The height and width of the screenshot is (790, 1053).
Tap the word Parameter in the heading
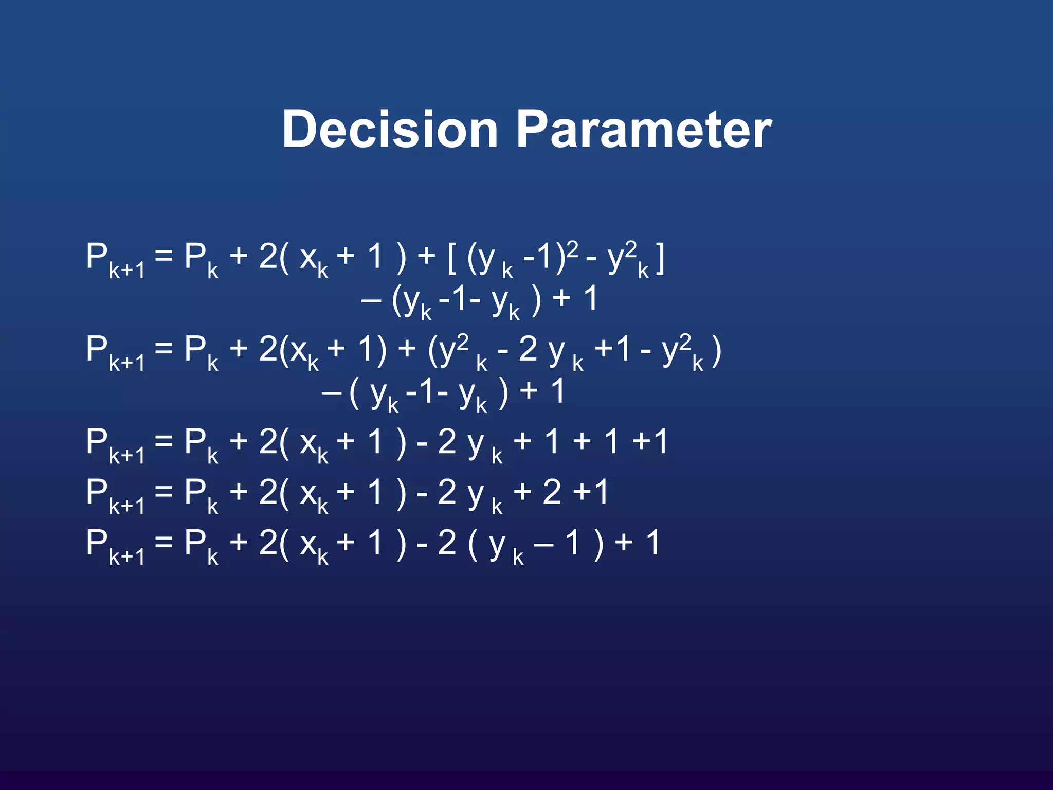(x=644, y=129)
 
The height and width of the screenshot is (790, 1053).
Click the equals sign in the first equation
(x=164, y=256)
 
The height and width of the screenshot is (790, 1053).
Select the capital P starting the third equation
(x=97, y=441)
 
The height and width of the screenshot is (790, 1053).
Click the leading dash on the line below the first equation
(x=371, y=300)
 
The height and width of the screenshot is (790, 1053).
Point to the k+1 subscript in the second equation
(x=126, y=364)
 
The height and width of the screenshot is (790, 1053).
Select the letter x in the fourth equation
(x=308, y=493)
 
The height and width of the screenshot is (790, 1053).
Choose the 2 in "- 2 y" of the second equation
(x=528, y=350)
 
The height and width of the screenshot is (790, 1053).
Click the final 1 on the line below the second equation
(x=557, y=392)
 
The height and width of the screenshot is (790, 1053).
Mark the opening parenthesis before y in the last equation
(x=473, y=544)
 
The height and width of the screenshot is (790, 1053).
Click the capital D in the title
(x=300, y=129)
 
